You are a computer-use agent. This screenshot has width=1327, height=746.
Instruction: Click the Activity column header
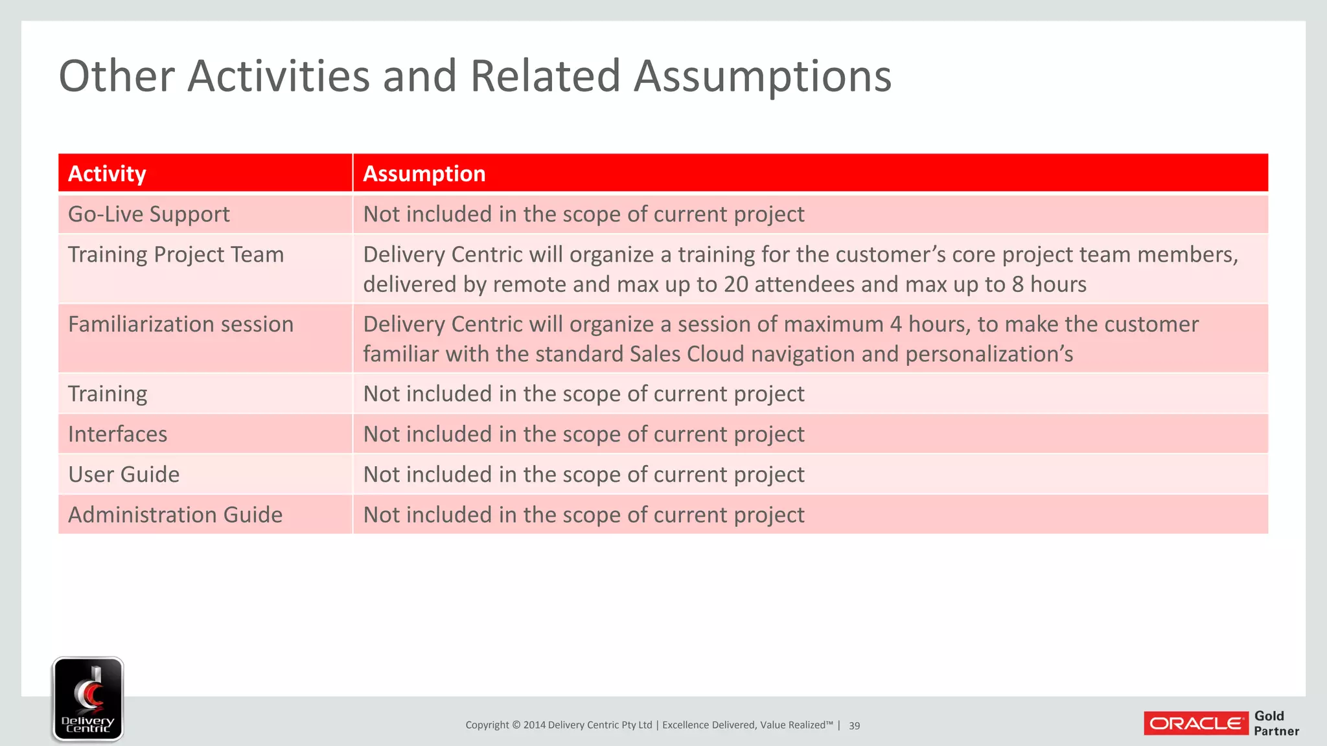point(107,174)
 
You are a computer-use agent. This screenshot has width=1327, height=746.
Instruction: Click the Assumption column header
point(424,174)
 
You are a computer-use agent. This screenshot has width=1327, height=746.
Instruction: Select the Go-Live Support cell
point(148,214)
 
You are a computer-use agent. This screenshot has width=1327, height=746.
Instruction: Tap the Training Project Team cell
point(176,254)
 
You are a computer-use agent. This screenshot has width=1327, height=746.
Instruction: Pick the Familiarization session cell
point(180,324)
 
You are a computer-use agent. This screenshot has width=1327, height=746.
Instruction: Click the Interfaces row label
point(117,434)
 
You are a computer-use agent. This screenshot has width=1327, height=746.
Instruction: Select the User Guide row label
point(124,474)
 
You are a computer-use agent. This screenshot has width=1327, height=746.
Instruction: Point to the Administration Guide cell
point(175,515)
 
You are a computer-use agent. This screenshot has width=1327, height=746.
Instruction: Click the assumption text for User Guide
point(583,474)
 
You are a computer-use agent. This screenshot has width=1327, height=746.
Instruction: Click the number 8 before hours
point(1018,284)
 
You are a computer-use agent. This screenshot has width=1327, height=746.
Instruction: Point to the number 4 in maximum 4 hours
point(895,324)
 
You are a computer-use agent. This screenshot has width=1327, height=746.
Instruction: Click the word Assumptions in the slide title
point(762,76)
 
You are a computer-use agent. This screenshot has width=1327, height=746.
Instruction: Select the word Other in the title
point(117,76)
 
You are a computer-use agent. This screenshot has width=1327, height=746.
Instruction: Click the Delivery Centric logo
point(87,699)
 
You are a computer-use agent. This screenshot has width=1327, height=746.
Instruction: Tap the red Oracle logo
point(1195,723)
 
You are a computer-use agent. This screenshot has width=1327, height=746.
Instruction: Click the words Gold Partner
point(1276,723)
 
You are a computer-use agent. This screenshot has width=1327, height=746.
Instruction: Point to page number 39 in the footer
point(854,725)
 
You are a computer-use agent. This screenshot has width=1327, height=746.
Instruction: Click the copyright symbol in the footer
point(516,725)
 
